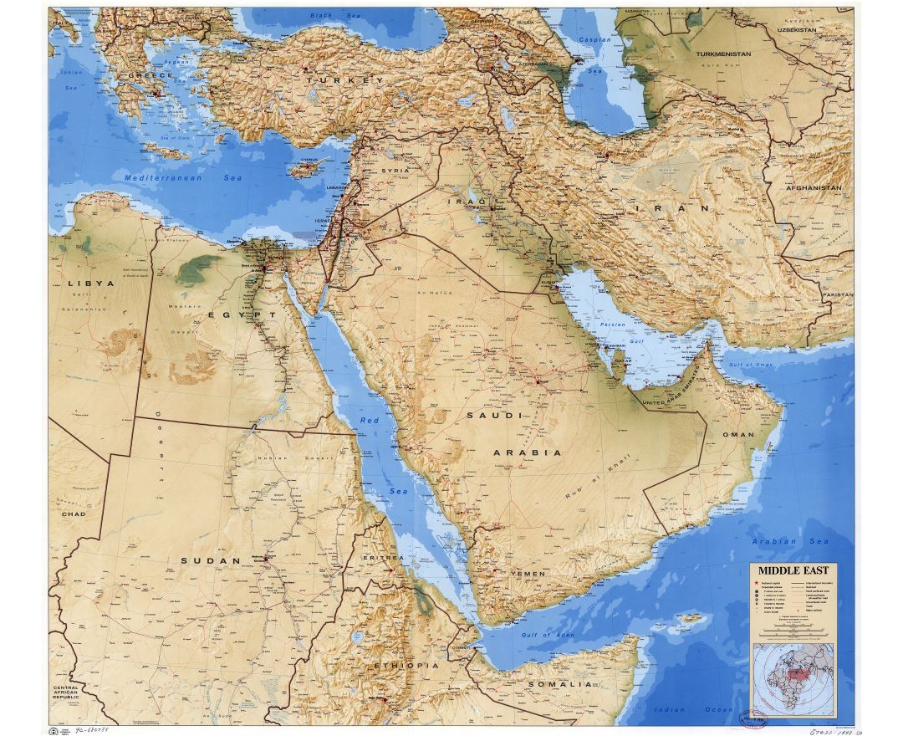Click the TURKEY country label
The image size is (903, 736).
tap(344, 80)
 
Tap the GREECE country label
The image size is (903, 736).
tap(150, 75)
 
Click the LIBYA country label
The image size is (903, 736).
tap(91, 284)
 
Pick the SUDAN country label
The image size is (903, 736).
tap(212, 560)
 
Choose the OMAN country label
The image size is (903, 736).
tap(738, 435)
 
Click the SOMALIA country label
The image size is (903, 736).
tap(565, 684)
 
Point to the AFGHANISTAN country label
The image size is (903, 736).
tap(813, 188)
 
